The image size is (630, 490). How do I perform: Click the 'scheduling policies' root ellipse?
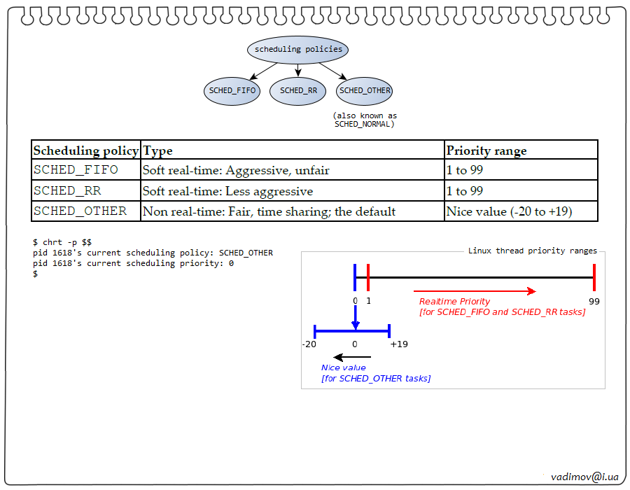[298, 50]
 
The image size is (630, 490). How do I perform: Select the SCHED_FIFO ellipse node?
[232, 90]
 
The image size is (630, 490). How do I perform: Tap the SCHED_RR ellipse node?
[298, 90]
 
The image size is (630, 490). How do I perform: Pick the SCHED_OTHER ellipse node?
[365, 90]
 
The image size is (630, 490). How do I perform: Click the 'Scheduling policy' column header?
[86, 150]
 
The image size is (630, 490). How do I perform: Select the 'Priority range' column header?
[486, 150]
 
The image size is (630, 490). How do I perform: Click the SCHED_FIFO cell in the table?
[76, 170]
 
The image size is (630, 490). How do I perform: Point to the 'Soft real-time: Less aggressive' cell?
[228, 191]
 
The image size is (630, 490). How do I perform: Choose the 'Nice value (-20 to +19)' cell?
[510, 211]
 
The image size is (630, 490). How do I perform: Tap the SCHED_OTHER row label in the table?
[80, 211]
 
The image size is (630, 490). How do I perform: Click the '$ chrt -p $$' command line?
[62, 242]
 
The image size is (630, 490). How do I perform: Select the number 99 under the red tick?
[594, 301]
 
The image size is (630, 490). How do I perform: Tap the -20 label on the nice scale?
[309, 344]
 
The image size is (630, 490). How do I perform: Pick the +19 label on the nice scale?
[399, 344]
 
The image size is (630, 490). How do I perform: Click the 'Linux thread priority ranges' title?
[532, 251]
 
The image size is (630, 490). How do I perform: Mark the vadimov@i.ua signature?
[584, 476]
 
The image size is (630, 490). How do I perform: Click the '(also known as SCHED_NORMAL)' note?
[365, 120]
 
